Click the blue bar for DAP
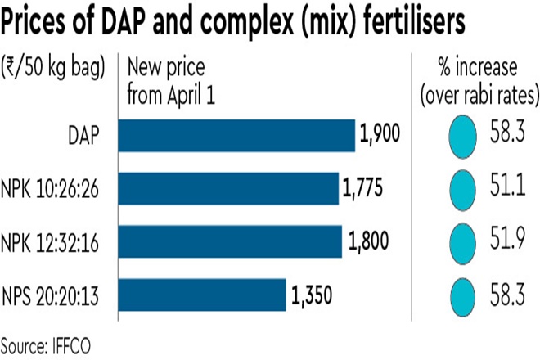point(237,135)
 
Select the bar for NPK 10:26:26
point(229,188)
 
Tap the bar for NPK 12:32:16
point(231,241)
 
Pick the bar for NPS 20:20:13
point(203,295)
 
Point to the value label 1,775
point(362,189)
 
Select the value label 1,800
point(366,242)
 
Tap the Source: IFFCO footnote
point(48,342)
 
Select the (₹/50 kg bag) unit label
point(53,68)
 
